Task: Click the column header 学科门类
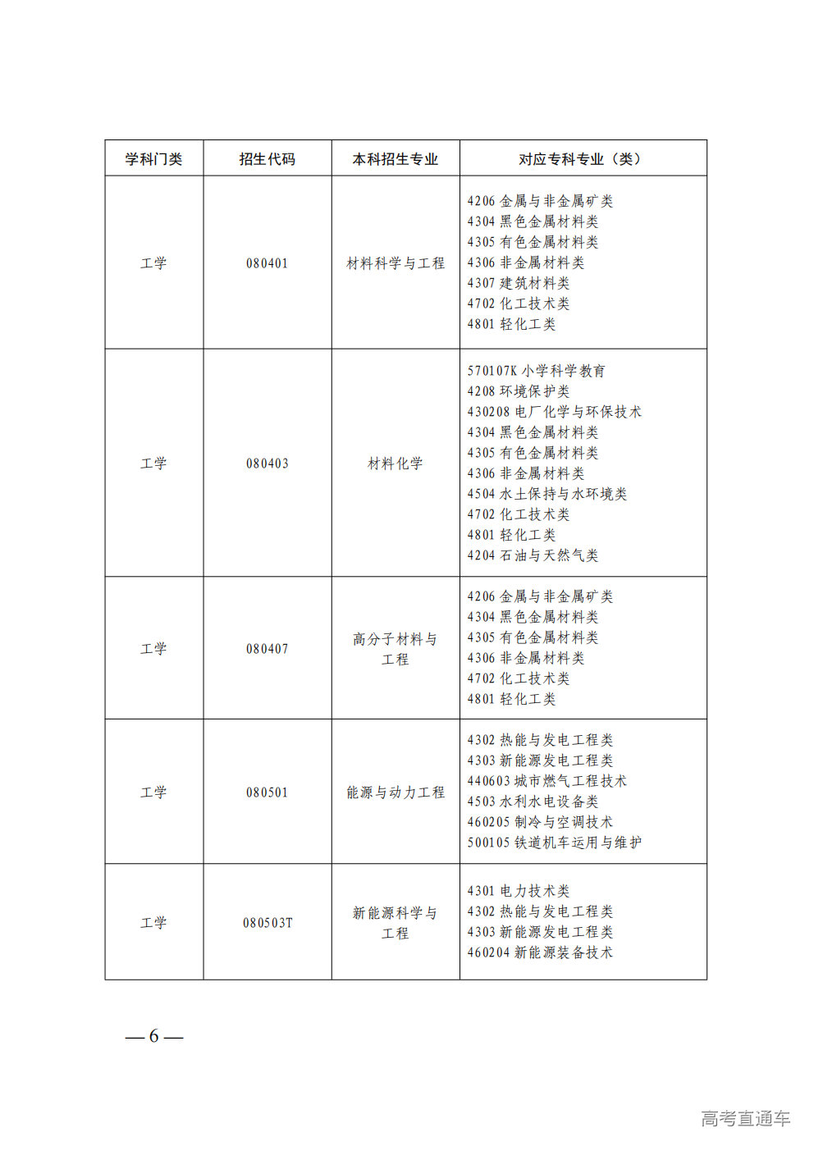point(153,159)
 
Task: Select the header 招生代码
point(267,159)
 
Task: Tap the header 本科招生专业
point(395,159)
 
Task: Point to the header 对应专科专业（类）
point(582,159)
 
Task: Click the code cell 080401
point(267,263)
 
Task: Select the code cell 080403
point(267,464)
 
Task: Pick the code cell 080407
point(267,649)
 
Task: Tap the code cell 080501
point(267,792)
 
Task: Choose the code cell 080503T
point(267,923)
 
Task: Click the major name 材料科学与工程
point(395,263)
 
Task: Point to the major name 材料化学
point(395,464)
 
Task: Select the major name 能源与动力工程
point(395,792)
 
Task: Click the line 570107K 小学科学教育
point(536,371)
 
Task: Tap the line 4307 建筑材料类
point(518,283)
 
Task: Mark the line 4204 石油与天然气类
point(533,555)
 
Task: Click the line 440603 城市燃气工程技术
point(546,781)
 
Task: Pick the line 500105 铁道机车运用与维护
point(554,843)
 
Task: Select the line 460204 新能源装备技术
point(540,952)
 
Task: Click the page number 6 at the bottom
point(153,1036)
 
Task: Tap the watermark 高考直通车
point(745,1118)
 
